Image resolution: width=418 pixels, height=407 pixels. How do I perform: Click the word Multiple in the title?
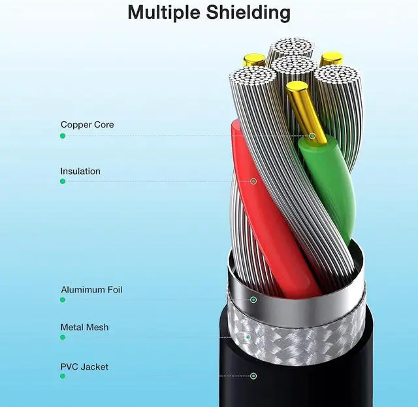(x=164, y=12)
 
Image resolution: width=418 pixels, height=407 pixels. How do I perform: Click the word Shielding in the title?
(x=248, y=12)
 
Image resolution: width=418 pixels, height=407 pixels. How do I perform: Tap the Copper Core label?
(x=87, y=124)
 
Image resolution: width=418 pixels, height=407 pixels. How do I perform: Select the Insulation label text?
(x=80, y=171)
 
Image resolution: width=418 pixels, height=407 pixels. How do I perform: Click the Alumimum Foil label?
(x=91, y=290)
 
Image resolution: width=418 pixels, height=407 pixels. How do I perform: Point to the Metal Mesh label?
(x=84, y=327)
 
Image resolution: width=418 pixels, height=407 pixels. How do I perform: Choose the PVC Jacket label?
(x=84, y=366)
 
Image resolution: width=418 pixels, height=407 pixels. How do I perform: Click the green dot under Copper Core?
(x=63, y=136)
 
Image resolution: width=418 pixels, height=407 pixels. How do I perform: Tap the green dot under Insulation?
(x=63, y=181)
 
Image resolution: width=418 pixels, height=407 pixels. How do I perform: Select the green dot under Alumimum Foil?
(x=63, y=300)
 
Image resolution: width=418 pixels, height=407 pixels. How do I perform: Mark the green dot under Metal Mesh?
(x=63, y=337)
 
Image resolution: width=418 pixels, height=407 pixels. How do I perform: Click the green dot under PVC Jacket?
(x=63, y=376)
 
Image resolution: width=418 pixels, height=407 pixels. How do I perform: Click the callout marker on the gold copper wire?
(x=312, y=136)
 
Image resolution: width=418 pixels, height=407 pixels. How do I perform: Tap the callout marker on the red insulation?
(x=253, y=181)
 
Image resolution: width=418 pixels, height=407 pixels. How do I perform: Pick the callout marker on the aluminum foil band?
(x=253, y=300)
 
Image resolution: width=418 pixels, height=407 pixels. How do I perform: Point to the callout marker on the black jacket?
(x=253, y=376)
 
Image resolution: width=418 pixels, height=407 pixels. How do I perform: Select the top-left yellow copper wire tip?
(x=254, y=60)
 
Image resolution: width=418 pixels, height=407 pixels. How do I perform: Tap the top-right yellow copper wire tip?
(x=332, y=59)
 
